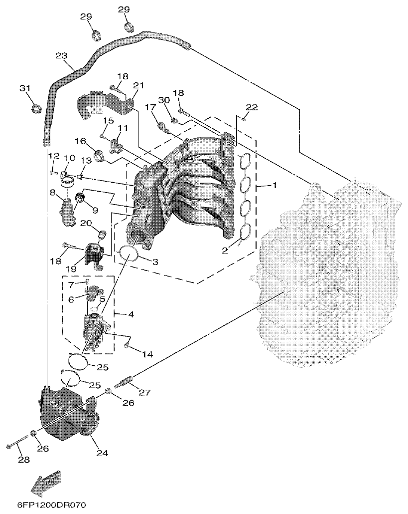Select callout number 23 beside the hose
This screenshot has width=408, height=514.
pos(61,56)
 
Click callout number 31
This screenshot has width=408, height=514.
pos(25,88)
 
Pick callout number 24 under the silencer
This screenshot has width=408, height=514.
pos(102,453)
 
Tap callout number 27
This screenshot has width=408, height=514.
pos(144,393)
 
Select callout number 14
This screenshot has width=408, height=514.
pos(146,354)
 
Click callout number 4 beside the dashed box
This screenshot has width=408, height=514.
pos(131,315)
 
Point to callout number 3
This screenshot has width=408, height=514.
pos(155,261)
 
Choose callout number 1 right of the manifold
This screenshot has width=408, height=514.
pos(273,185)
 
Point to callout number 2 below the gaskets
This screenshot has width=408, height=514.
pos(225,250)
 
